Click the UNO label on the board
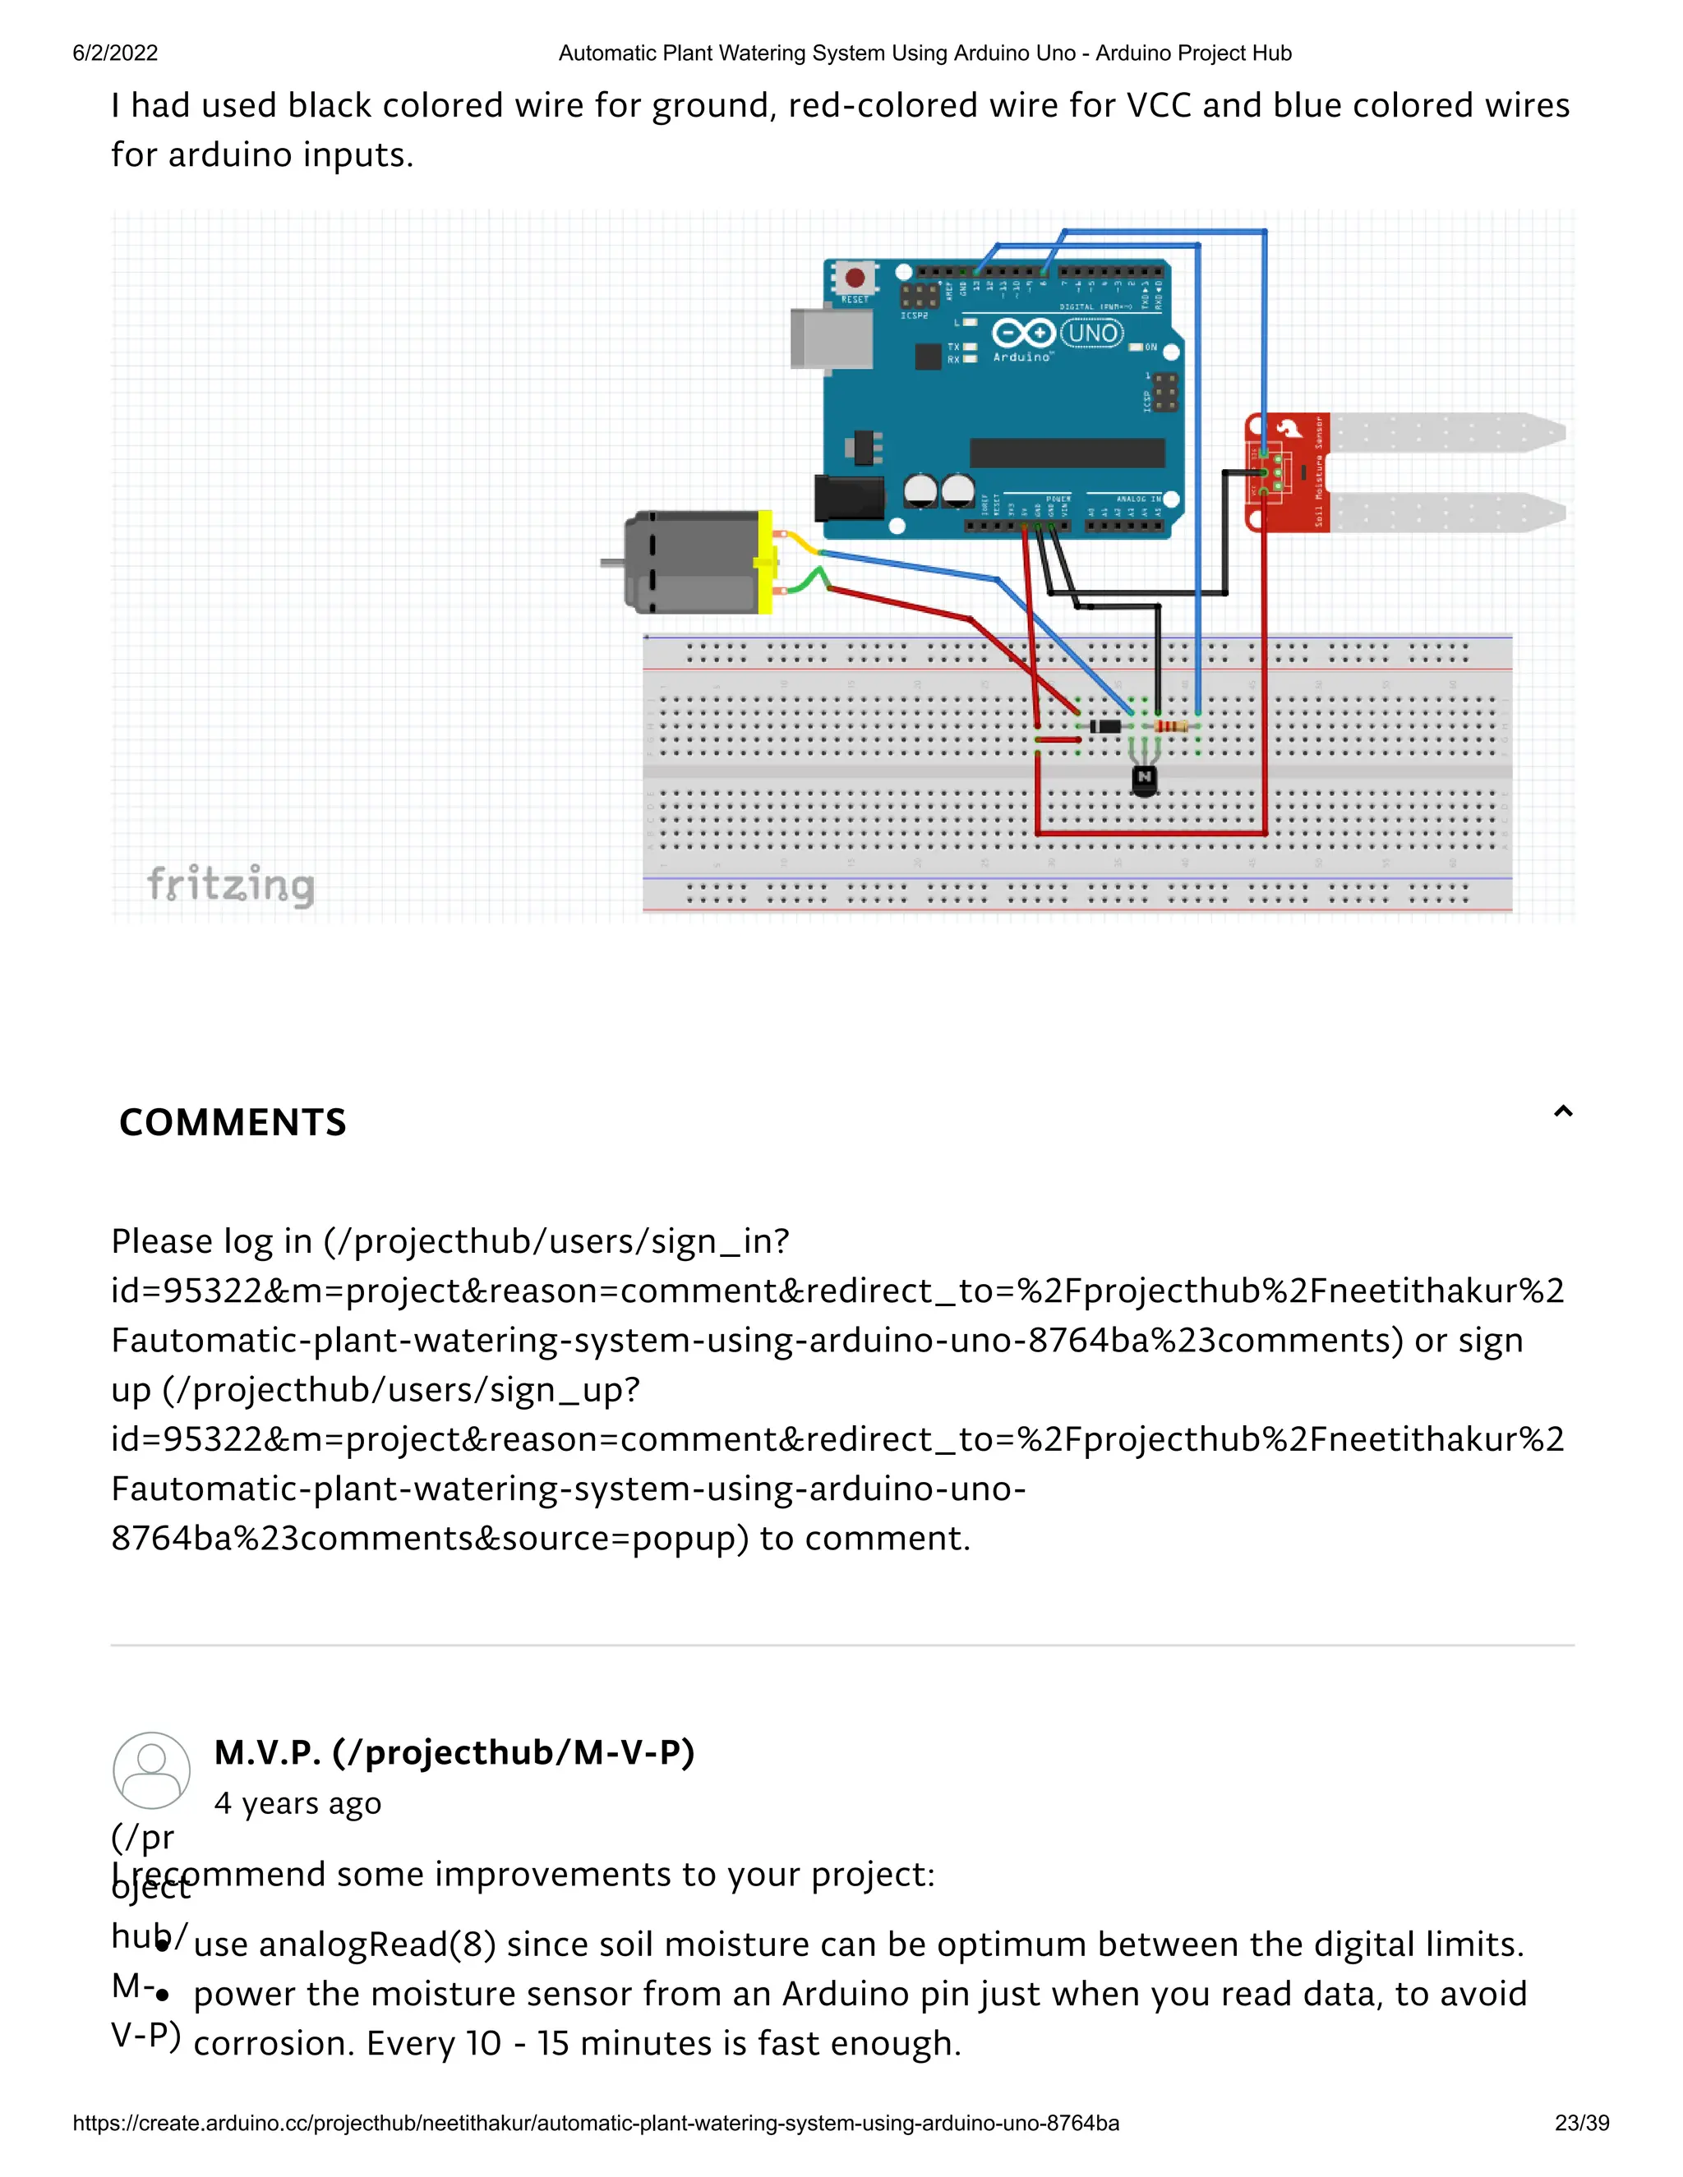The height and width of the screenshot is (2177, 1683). click(x=1092, y=333)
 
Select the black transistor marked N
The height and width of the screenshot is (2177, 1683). click(x=1145, y=780)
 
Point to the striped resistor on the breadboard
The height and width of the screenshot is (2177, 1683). click(x=1170, y=727)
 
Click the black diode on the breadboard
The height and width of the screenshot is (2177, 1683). click(x=1104, y=725)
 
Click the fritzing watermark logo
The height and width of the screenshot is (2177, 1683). click(x=230, y=885)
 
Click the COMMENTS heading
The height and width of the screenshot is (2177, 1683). click(x=233, y=1122)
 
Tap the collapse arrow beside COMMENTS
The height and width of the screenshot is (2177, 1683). click(x=1562, y=1112)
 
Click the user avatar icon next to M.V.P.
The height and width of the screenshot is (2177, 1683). click(x=151, y=1770)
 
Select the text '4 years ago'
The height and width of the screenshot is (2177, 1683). click(x=297, y=1803)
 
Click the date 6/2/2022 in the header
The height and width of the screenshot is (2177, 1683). click(x=115, y=53)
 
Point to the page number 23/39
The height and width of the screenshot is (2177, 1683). click(x=1581, y=2123)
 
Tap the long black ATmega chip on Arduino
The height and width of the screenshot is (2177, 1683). click(x=1067, y=453)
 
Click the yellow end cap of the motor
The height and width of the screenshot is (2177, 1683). click(x=765, y=562)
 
